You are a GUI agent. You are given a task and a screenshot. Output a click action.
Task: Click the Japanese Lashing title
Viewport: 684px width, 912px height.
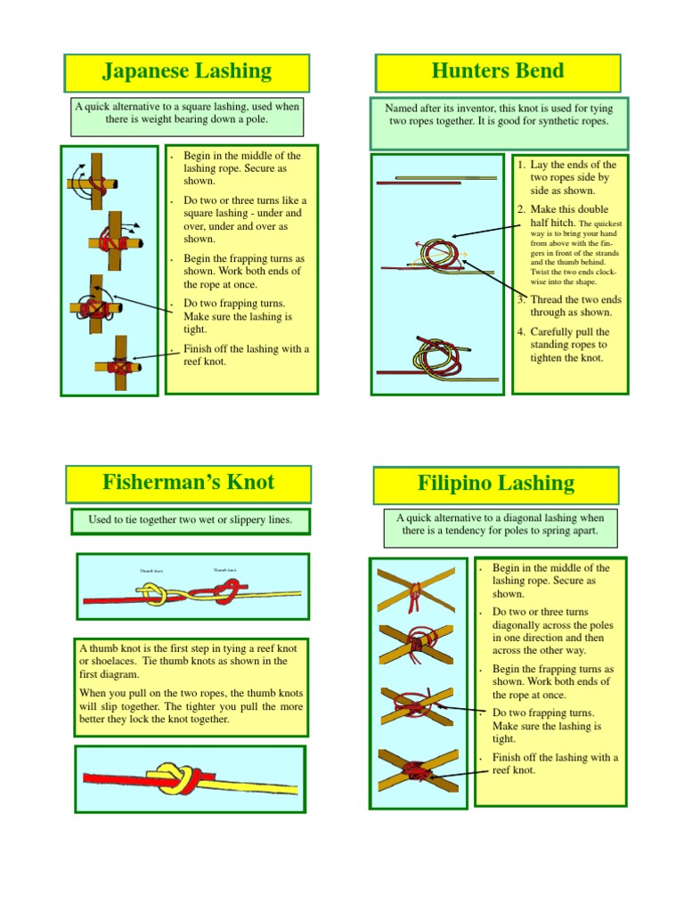tap(186, 71)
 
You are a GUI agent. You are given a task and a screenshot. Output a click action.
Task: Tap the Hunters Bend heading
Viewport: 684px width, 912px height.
tap(497, 71)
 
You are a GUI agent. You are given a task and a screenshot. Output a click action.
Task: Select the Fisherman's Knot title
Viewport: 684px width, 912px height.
tap(188, 483)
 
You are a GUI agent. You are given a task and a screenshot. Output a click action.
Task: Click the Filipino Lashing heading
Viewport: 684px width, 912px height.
tap(496, 484)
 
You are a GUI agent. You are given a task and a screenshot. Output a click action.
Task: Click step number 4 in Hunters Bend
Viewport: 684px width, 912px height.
tap(521, 332)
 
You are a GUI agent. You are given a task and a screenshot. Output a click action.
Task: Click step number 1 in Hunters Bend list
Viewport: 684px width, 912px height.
tap(521, 165)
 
